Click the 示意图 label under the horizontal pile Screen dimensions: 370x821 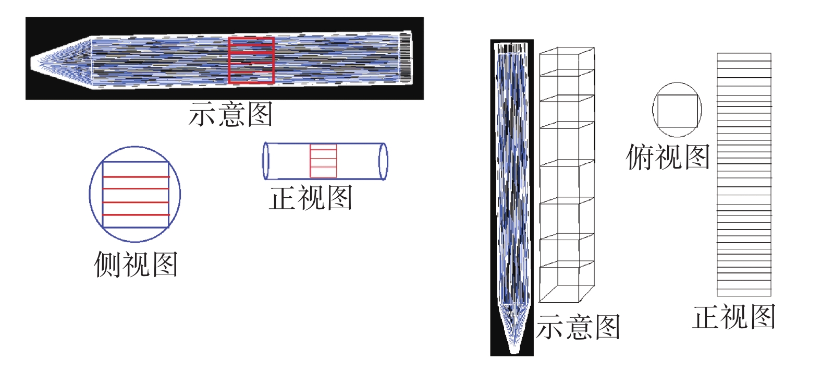(230, 114)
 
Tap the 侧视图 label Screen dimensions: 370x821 (136, 265)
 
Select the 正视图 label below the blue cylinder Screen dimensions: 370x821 (311, 198)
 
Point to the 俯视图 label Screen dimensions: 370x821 (668, 157)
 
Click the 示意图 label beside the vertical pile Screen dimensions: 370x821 (578, 327)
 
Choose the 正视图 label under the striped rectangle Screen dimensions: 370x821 (734, 317)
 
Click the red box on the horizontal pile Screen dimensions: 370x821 (251, 61)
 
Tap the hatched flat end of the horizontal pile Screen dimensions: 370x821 (406, 57)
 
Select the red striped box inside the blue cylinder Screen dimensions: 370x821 (323, 161)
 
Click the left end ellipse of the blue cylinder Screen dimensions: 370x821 (266, 161)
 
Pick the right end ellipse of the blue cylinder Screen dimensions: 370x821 (383, 161)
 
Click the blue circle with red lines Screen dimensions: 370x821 (135, 195)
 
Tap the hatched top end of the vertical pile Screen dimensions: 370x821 (511, 49)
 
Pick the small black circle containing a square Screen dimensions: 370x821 (677, 110)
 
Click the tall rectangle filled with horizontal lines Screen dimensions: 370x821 (744, 175)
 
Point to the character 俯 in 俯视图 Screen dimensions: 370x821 (640, 157)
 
